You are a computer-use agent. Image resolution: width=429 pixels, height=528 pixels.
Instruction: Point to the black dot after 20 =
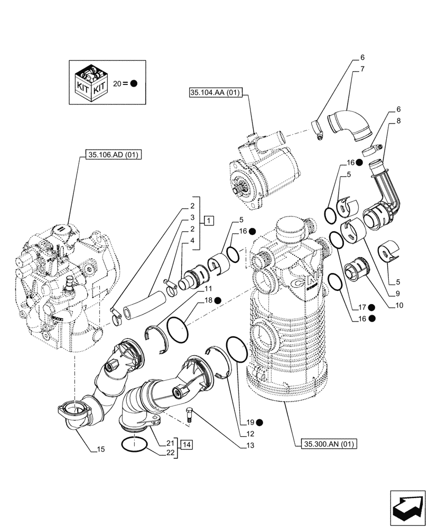pos(134,83)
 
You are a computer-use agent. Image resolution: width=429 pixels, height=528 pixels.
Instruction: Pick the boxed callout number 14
pos(186,445)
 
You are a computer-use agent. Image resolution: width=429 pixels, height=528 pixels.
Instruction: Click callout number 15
pos(100,449)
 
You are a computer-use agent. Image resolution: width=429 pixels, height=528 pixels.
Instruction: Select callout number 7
pos(362,69)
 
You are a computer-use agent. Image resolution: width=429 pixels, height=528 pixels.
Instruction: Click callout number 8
pos(398,120)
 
